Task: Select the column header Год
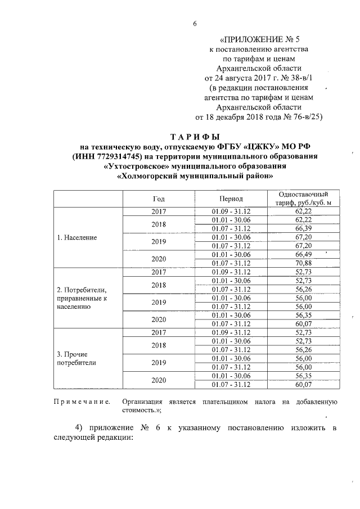(x=159, y=199)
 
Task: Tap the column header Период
(x=231, y=199)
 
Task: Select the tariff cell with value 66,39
(x=303, y=228)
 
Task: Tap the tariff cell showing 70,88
(x=303, y=263)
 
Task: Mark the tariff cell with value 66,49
(x=303, y=254)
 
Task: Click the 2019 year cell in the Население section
(x=159, y=241)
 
